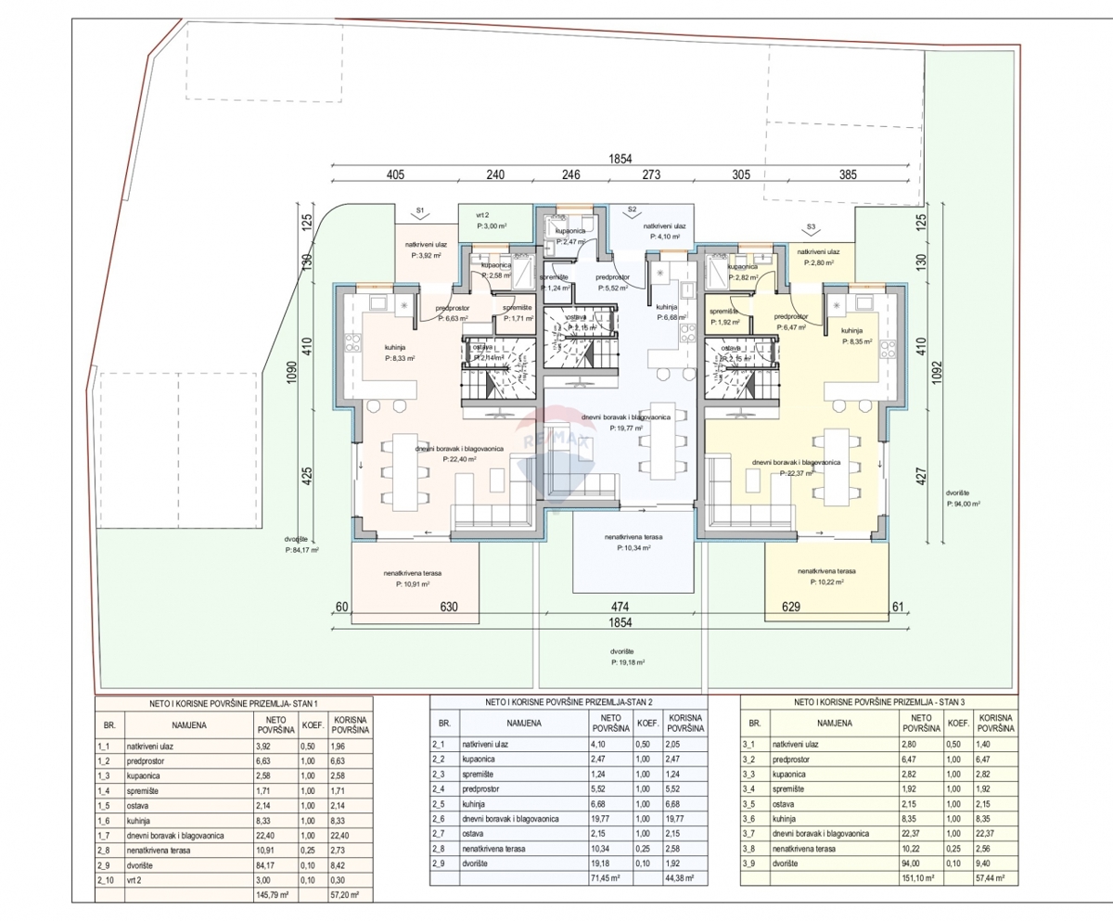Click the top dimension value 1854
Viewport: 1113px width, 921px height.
point(621,159)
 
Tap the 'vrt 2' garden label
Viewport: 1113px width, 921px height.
point(481,214)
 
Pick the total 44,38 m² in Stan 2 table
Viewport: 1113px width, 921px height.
point(684,876)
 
